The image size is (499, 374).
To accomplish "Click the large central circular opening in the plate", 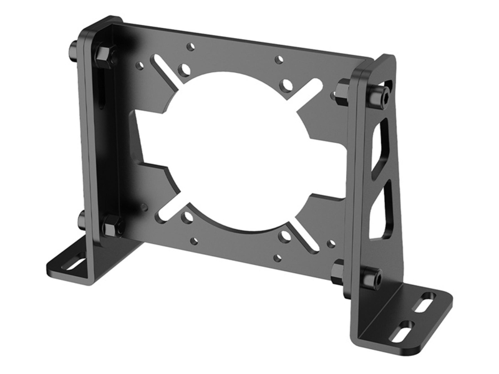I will tap(237, 153).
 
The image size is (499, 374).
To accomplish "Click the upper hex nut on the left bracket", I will tap(105, 54).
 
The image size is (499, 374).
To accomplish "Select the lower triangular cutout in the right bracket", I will tap(381, 212).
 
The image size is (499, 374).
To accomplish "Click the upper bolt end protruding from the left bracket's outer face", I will tap(74, 48).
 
